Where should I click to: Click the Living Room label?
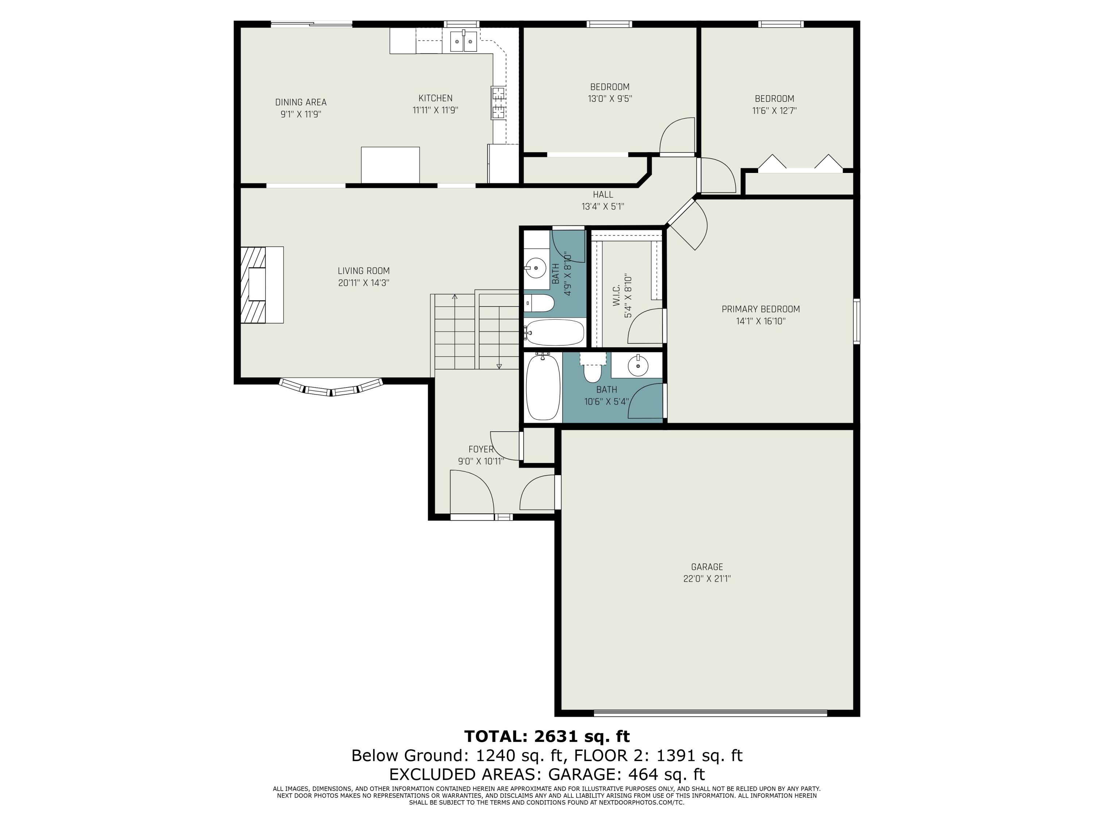[364, 271]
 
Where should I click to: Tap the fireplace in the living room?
[261, 285]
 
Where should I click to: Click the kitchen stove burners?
[498, 103]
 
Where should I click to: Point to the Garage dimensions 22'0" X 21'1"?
[707, 578]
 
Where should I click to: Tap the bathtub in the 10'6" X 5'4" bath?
[543, 387]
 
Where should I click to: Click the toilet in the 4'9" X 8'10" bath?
[539, 303]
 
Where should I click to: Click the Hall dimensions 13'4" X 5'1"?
[603, 207]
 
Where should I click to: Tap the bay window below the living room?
[331, 388]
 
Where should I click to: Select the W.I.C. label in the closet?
[616, 296]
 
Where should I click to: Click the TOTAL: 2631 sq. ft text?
[547, 736]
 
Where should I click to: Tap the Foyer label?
[481, 449]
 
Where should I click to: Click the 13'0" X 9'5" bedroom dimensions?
[610, 99]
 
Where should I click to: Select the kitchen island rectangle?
[390, 165]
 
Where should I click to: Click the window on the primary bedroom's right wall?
[857, 321]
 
